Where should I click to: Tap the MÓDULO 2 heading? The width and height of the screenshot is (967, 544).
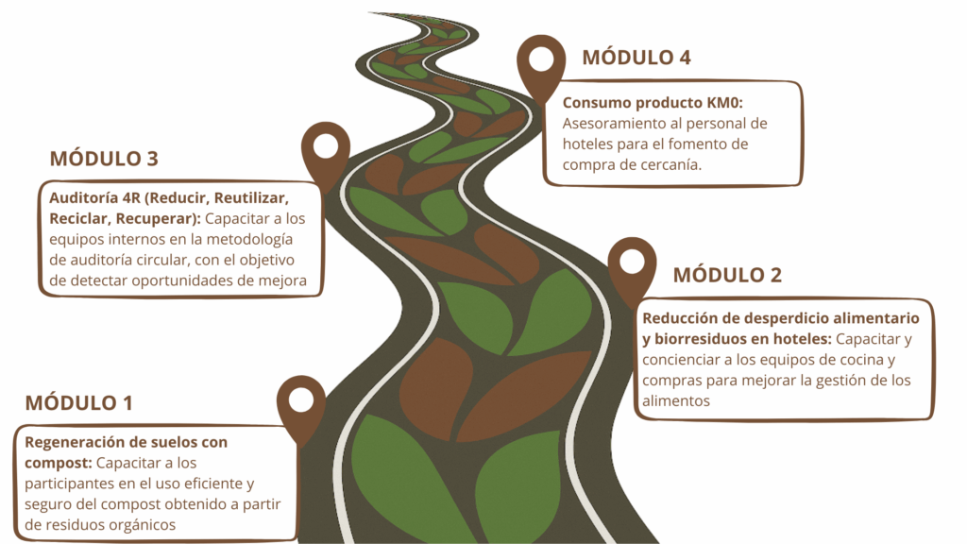point(727,276)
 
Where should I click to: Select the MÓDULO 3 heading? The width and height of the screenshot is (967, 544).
point(104,158)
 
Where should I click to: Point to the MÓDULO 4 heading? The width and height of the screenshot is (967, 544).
point(636,58)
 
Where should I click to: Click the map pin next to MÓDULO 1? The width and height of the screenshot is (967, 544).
point(300,406)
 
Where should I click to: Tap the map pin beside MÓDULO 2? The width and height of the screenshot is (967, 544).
point(632,267)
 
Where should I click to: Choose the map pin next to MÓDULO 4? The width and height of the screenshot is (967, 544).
point(541,64)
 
